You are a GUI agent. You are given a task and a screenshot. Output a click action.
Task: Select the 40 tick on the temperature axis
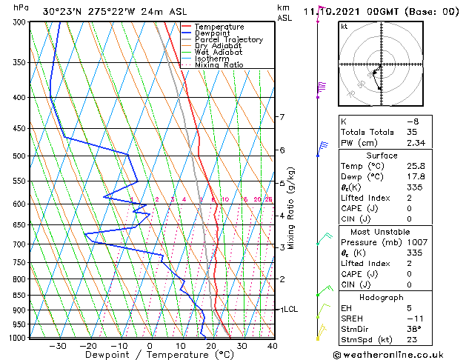coord(273,346)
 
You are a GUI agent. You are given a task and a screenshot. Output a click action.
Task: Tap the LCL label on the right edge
coord(290,310)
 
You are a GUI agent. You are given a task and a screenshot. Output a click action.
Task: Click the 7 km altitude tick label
coord(282,117)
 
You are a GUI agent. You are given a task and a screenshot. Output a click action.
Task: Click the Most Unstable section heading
coord(381,231)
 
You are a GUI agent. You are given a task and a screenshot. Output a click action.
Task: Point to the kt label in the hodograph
coord(344,27)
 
